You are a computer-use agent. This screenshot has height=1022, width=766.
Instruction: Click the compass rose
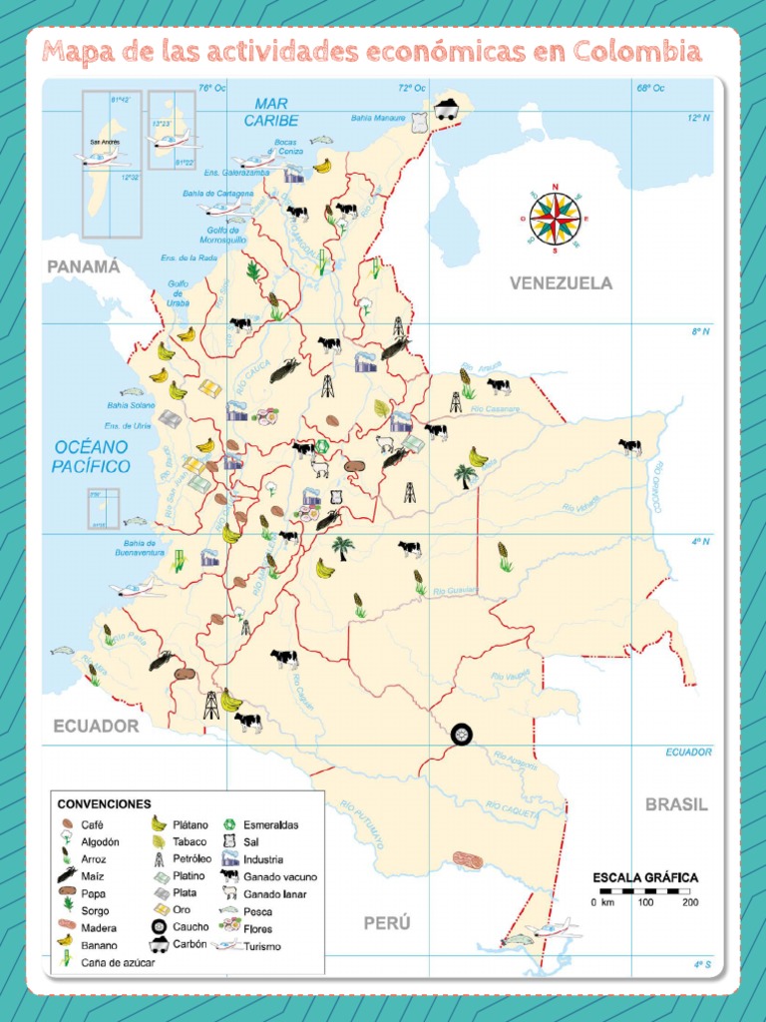click(555, 217)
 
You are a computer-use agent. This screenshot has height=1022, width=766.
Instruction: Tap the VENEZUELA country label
click(561, 283)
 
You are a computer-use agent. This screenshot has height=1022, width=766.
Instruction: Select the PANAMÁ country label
click(84, 266)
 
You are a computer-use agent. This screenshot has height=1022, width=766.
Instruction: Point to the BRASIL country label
click(675, 804)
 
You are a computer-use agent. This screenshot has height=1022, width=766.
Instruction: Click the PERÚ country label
click(387, 923)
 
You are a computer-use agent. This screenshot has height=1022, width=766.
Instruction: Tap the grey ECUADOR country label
click(96, 726)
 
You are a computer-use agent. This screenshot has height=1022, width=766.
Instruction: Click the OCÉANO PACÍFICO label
click(92, 456)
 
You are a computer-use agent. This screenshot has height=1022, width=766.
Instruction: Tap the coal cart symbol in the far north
click(446, 109)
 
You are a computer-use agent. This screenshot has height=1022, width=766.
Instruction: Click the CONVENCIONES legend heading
click(105, 803)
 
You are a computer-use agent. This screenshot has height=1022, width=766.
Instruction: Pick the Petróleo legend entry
click(194, 858)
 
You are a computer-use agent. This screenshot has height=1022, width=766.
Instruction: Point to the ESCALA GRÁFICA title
click(645, 877)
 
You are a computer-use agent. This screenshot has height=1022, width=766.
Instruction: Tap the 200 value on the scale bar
click(689, 902)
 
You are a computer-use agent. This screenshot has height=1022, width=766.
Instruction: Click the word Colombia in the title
click(640, 52)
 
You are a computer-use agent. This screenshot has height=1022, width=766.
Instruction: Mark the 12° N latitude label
click(698, 117)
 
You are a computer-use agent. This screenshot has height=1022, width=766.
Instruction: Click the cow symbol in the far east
click(629, 446)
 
